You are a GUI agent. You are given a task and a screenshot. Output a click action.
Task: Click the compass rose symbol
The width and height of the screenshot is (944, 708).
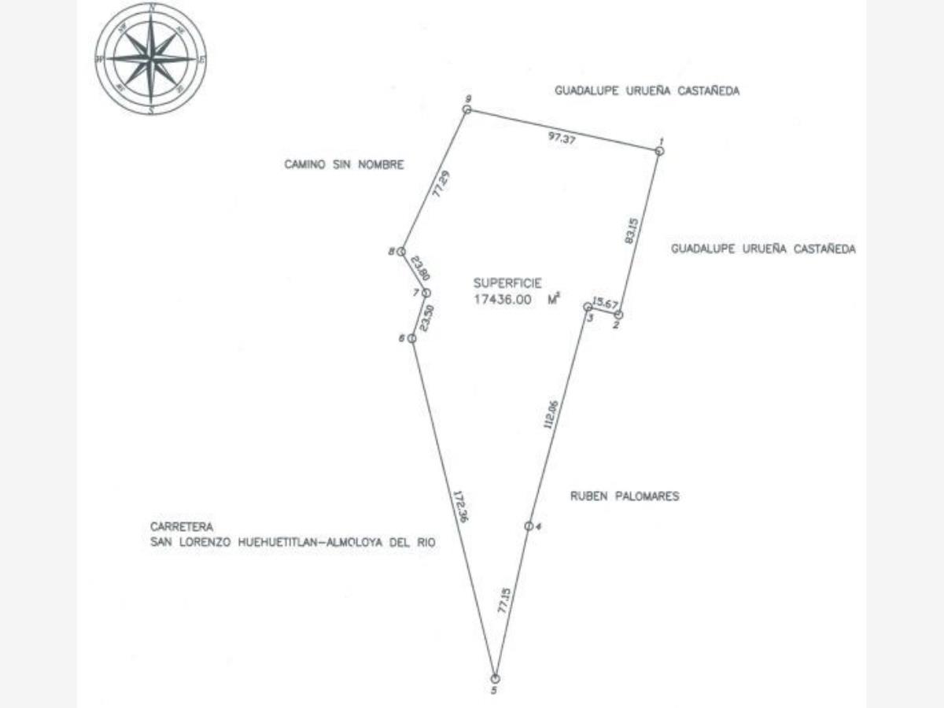[151, 58]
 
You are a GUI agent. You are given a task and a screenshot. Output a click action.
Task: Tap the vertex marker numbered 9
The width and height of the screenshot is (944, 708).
[466, 110]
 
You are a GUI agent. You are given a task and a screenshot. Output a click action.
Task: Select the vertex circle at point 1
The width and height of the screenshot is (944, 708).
[659, 150]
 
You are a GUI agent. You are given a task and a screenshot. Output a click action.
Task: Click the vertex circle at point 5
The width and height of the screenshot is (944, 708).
[495, 678]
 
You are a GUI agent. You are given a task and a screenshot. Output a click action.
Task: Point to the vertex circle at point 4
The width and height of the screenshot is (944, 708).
[529, 525]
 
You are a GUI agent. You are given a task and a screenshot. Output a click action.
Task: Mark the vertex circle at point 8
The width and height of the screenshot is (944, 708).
[400, 252]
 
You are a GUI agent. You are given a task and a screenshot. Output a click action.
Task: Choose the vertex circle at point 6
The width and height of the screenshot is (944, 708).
[411, 338]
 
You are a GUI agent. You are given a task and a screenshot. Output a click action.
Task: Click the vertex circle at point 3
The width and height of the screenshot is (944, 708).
[587, 307]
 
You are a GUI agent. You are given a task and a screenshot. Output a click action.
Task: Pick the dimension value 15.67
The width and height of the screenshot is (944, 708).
[607, 303]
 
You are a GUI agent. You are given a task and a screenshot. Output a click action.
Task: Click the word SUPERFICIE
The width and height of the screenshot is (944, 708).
[507, 282]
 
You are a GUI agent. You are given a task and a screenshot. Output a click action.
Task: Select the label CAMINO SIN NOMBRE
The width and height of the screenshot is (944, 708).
[344, 165]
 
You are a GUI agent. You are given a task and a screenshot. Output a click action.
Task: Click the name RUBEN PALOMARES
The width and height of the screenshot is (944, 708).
[624, 496]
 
